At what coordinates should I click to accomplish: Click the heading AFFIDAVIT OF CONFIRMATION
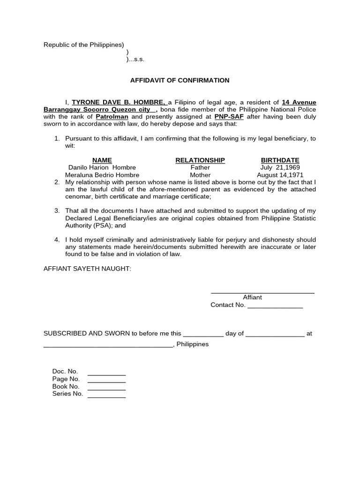click(180, 80)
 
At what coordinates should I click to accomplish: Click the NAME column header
click(102, 160)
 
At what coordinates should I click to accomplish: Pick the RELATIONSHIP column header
click(200, 160)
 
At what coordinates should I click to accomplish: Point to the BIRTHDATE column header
click(280, 160)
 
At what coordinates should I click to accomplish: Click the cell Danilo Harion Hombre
click(102, 167)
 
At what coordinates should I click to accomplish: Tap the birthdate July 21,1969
click(280, 167)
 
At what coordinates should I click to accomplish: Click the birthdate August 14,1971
click(280, 175)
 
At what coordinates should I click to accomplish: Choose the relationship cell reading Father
click(200, 167)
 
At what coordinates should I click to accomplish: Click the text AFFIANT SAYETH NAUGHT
click(87, 269)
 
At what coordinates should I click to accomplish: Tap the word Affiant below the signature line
click(252, 297)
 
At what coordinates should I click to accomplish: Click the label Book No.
click(66, 386)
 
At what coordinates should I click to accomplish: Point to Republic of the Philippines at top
click(83, 45)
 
